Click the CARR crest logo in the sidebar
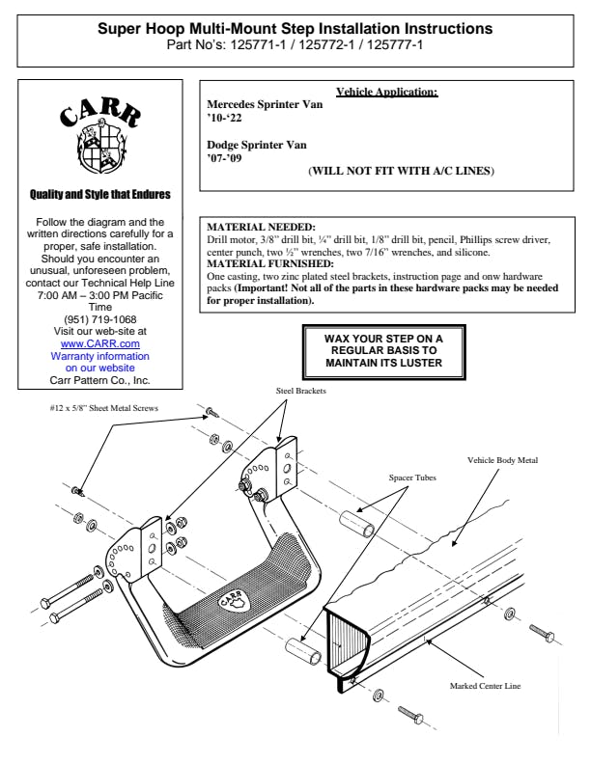99,134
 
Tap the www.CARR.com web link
99,343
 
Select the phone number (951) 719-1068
99,320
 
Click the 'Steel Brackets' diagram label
299,391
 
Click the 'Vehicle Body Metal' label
501,461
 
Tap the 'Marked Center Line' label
485,686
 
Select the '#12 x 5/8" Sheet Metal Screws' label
103,408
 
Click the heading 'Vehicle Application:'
386,93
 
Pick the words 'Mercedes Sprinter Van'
266,104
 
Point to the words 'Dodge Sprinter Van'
257,145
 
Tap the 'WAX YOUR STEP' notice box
383,351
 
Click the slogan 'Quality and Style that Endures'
99,195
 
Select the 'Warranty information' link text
99,355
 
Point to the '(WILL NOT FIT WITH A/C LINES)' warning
401,171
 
